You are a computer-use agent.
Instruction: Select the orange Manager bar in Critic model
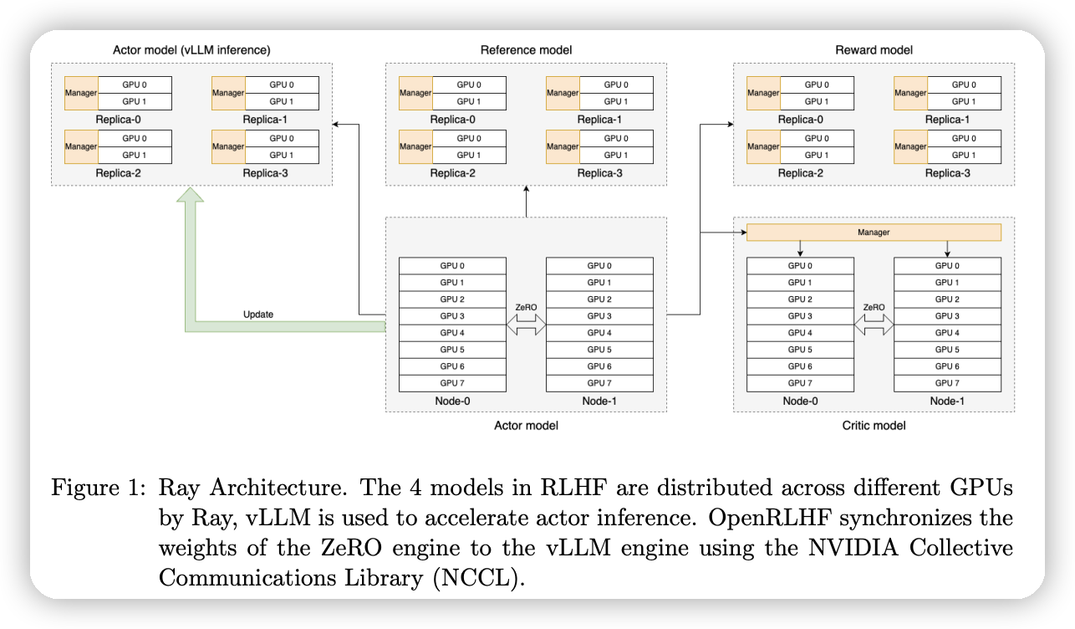coord(873,232)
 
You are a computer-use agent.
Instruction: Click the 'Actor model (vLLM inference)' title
coord(191,50)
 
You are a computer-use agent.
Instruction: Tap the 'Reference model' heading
coord(526,50)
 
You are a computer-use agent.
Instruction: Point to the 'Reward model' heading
coord(874,50)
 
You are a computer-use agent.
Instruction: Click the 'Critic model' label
coord(874,425)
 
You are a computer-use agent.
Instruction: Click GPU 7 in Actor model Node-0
coord(452,383)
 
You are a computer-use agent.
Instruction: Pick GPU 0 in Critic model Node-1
coord(947,266)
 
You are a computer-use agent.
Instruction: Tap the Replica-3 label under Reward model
coord(947,173)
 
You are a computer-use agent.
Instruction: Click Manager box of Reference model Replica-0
coord(415,93)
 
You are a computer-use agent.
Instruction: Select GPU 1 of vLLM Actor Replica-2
coord(135,155)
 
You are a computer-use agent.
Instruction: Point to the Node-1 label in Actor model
coord(599,401)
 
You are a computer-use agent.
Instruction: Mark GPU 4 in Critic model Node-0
coord(800,333)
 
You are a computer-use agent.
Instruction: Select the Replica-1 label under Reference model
coord(599,120)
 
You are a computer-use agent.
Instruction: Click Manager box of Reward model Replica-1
coord(910,93)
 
